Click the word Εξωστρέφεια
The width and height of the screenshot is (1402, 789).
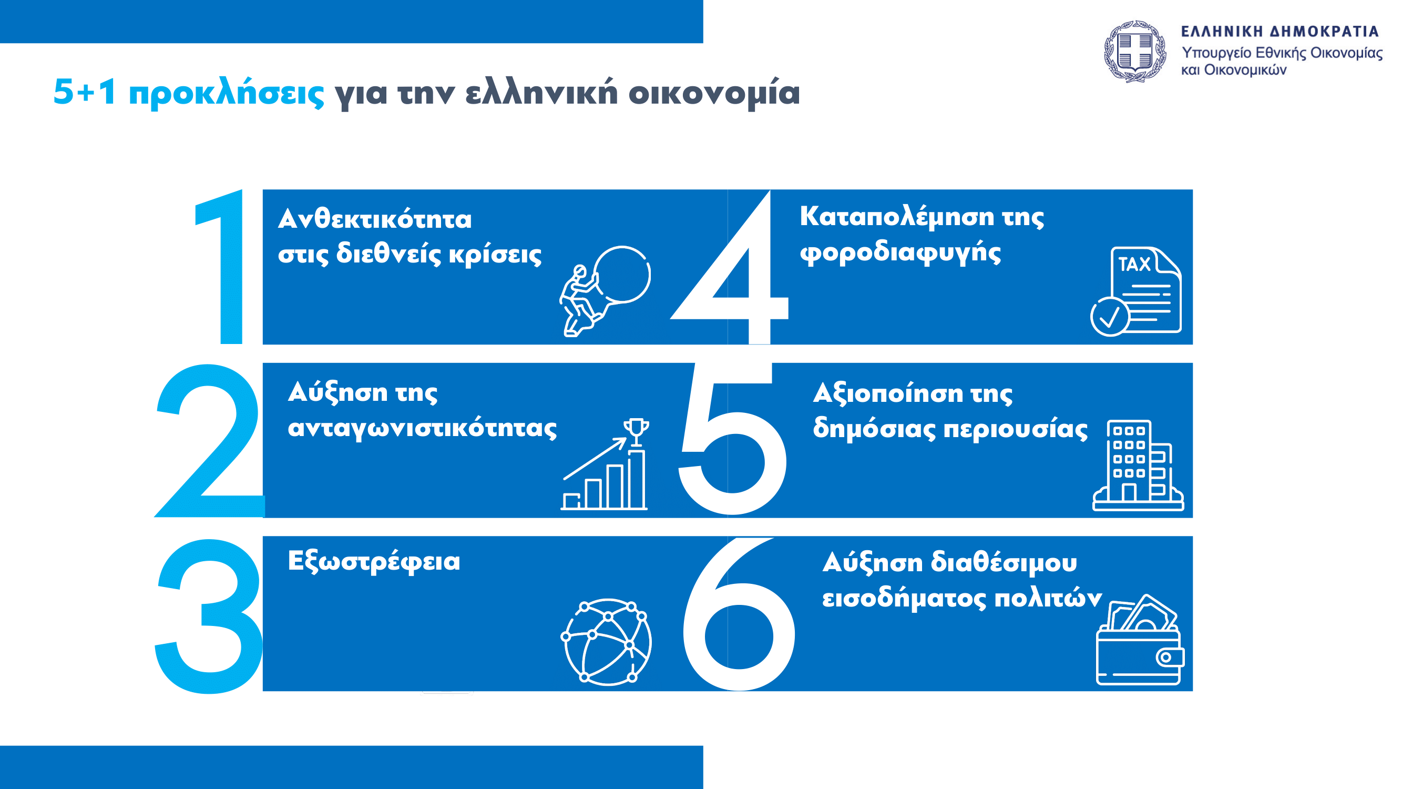click(374, 561)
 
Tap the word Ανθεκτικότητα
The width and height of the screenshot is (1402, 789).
click(375, 219)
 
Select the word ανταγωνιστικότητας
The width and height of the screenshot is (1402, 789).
click(422, 428)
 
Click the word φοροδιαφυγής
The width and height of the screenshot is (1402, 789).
click(900, 252)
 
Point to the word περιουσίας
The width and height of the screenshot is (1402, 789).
click(1016, 429)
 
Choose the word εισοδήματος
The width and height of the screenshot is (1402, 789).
click(904, 598)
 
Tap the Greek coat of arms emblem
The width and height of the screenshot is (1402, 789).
click(1135, 52)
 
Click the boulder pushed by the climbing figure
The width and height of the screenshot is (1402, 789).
click(621, 274)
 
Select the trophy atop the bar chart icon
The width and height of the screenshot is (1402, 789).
click(636, 432)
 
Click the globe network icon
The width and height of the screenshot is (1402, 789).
click(606, 641)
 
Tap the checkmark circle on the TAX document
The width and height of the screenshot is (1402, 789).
click(1110, 316)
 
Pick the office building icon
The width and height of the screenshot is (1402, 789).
click(1138, 465)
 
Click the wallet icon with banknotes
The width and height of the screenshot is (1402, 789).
click(1140, 639)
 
